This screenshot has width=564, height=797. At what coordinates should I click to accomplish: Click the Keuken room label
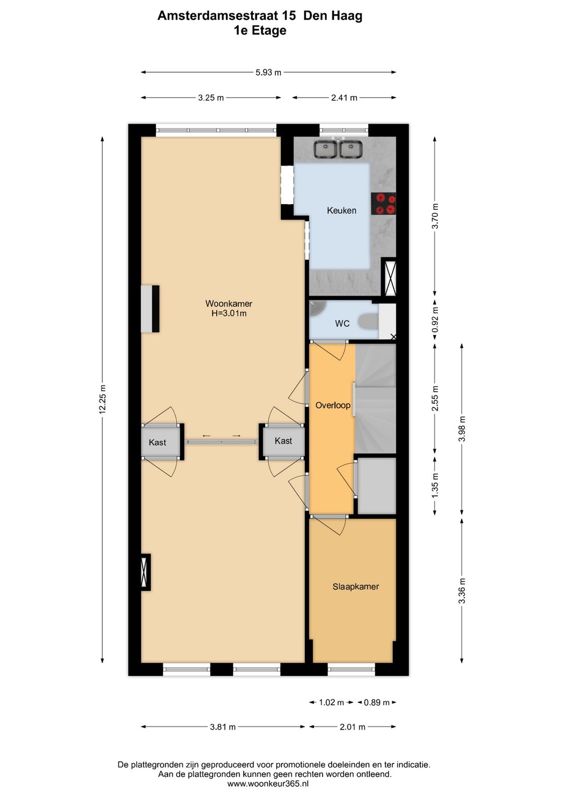(x=342, y=210)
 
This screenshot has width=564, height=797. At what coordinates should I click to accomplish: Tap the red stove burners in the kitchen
(x=383, y=204)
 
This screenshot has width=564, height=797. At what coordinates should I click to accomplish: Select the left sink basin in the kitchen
(x=325, y=149)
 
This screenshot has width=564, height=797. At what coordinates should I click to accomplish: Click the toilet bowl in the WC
(x=369, y=322)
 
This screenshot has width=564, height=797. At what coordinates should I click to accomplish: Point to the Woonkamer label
(x=229, y=303)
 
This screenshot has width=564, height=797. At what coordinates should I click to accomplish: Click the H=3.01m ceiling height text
(x=229, y=313)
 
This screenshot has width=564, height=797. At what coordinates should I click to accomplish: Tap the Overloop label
(x=333, y=405)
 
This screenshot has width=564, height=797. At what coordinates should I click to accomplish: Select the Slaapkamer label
(x=356, y=587)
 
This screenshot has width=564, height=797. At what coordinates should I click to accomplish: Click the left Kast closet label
(x=157, y=442)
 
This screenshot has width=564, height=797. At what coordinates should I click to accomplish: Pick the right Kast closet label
(x=283, y=441)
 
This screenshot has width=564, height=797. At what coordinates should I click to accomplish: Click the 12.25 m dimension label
(x=102, y=400)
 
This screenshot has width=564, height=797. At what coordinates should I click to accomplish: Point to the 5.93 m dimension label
(x=268, y=73)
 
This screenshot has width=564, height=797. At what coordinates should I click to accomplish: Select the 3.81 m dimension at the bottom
(x=223, y=726)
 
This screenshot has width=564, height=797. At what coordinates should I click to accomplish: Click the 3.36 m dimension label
(x=462, y=591)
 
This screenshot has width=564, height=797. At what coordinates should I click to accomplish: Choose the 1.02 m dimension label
(x=331, y=702)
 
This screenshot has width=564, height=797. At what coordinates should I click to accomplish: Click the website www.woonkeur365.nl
(x=268, y=784)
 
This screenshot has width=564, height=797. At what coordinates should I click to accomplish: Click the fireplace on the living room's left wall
(x=150, y=309)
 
